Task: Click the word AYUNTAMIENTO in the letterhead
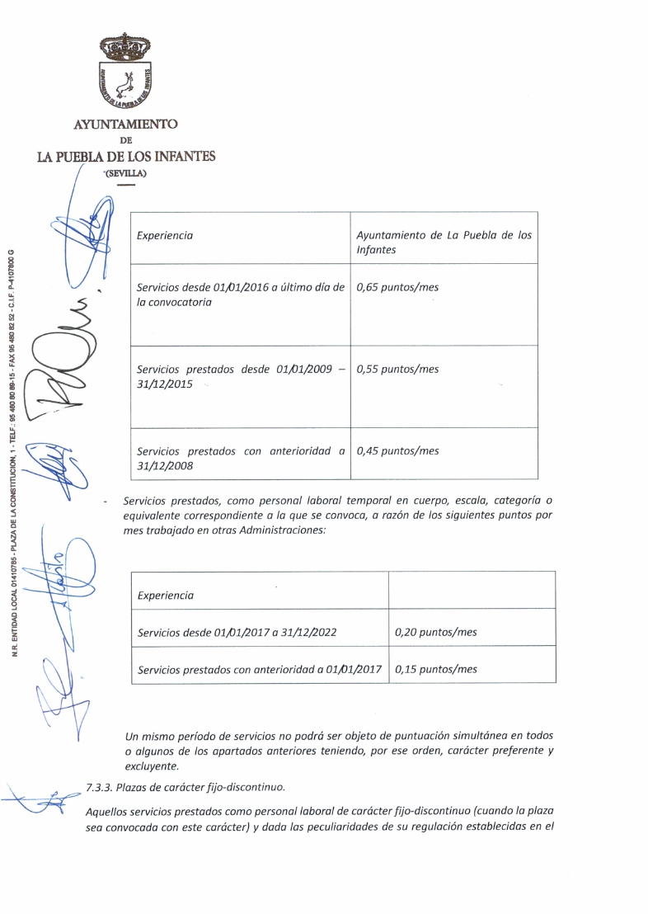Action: (x=125, y=124)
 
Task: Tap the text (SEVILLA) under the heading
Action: (x=125, y=173)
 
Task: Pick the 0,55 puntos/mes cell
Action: (x=397, y=370)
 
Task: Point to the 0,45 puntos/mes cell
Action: (x=397, y=451)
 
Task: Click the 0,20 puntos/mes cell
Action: (x=436, y=633)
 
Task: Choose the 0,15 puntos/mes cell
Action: (x=436, y=669)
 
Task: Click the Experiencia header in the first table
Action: (x=165, y=236)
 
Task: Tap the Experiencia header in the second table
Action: (x=166, y=595)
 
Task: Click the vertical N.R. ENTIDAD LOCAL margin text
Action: (x=16, y=445)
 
